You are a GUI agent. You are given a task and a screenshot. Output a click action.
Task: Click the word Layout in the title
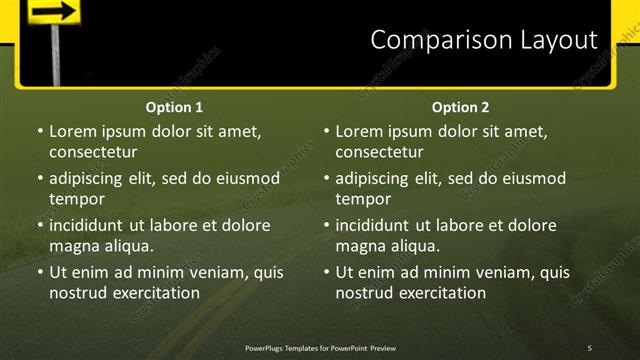point(552,40)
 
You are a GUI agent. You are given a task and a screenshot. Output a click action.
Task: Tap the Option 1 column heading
point(174,107)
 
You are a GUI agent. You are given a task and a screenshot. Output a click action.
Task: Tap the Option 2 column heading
point(461,107)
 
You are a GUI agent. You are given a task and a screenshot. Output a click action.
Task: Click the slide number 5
point(589,347)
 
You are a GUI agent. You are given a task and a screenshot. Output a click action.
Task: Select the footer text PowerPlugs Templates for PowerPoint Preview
point(320,347)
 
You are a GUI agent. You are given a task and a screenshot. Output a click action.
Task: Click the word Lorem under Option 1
point(73,131)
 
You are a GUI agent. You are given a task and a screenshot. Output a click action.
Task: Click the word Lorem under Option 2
point(360,131)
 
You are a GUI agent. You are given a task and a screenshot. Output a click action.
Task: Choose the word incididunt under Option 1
point(92,226)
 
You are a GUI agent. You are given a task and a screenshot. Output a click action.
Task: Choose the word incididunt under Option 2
point(379,226)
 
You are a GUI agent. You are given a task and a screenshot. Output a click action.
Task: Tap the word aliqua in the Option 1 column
point(125,246)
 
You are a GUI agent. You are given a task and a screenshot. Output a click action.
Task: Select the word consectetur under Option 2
point(379,152)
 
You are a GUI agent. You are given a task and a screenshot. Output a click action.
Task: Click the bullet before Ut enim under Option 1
point(40,272)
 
